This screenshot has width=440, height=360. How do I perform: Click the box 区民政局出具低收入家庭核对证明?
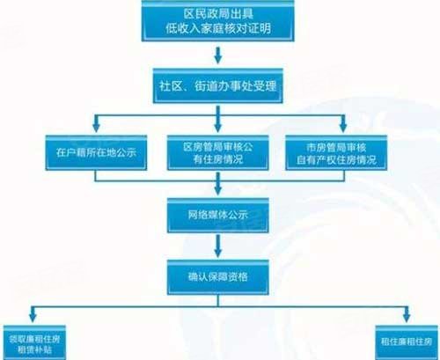[217, 20]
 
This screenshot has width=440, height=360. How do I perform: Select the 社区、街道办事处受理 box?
[217, 85]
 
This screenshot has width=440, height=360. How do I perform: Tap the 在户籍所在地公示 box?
[96, 152]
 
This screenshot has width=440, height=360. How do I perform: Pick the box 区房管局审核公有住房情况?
[217, 152]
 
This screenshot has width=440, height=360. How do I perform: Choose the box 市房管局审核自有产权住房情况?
[336, 152]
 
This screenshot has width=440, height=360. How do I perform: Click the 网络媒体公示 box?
[217, 216]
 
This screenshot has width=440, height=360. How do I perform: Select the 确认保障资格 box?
[217, 277]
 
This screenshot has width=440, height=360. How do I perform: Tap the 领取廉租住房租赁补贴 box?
[34, 342]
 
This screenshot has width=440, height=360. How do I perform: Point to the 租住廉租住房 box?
[407, 342]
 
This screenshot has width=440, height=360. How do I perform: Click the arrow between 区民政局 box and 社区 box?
[217, 55]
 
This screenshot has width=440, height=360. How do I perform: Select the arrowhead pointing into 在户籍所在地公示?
[96, 128]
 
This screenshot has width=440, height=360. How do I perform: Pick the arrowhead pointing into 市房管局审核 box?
[343, 128]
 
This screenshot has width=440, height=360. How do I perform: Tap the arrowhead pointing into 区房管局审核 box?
[217, 128]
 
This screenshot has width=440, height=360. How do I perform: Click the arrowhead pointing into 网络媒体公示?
[217, 190]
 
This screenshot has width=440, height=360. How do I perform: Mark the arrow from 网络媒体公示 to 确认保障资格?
[217, 246]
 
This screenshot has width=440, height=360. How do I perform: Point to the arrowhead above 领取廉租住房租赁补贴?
[33, 318]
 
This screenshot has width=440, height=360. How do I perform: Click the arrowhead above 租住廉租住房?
[407, 318]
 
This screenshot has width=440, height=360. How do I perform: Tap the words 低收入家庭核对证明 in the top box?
[218, 29]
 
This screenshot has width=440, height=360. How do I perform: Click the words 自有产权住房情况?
[336, 160]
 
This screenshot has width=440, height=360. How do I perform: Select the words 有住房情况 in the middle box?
[217, 159]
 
